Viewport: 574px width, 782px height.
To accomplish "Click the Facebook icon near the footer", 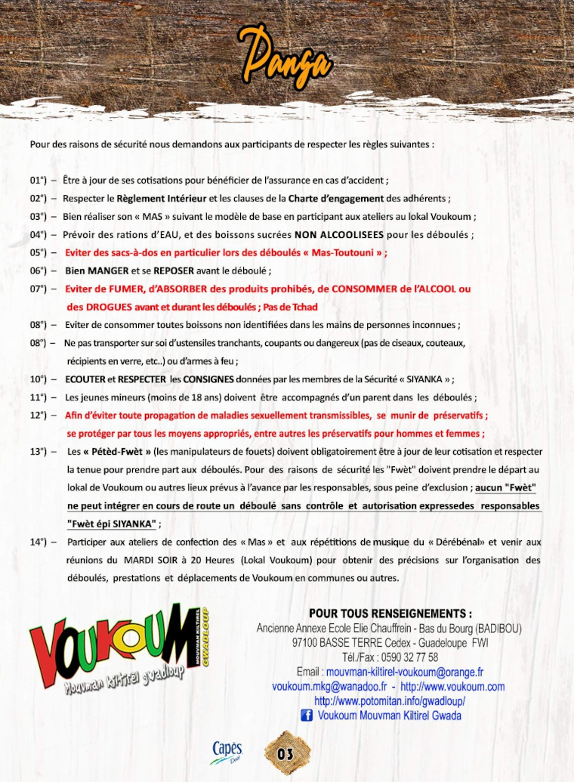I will (x=307, y=716).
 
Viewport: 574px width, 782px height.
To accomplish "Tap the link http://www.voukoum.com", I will (x=452, y=686).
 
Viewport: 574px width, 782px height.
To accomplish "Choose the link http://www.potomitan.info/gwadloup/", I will (x=389, y=701).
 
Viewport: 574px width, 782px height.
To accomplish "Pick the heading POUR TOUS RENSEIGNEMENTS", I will (x=390, y=614).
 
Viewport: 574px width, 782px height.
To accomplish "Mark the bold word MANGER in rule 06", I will (x=108, y=271).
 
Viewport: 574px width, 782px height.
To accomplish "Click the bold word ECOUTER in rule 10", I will (x=85, y=379).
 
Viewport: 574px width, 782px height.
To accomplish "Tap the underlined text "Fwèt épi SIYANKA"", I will (x=112, y=524).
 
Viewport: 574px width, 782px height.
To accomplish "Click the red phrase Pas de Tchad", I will (x=289, y=307).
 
